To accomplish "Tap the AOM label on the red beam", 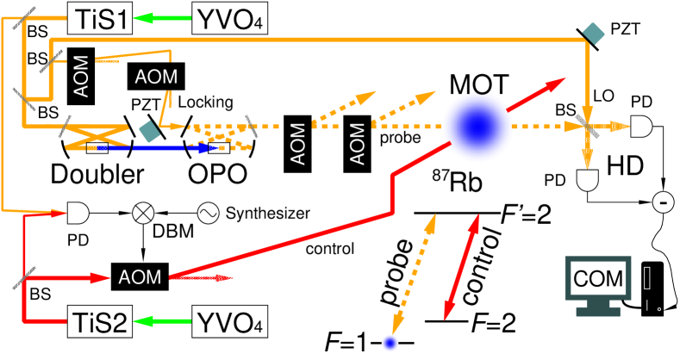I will click(x=140, y=277).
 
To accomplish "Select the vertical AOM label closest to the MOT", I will click(x=358, y=144).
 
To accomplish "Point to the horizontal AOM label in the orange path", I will click(x=156, y=77).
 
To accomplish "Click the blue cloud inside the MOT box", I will click(x=477, y=127).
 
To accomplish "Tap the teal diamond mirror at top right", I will click(x=593, y=34).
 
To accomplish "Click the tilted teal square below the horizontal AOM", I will click(x=150, y=131).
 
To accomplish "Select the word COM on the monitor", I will click(x=598, y=279).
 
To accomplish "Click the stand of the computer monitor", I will click(x=598, y=309).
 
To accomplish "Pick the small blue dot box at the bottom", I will click(x=390, y=343).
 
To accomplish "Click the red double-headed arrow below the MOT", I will click(x=461, y=267).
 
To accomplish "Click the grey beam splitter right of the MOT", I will click(x=587, y=127).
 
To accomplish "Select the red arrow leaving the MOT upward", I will click(x=536, y=94).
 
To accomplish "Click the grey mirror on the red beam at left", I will click(x=24, y=277).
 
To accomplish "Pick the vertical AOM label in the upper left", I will click(x=81, y=76).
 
